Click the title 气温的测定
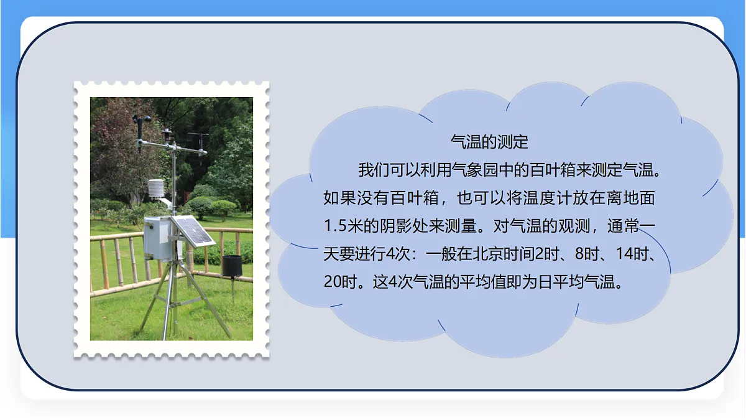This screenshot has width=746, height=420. (489, 142)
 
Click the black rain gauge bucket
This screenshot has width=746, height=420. (232, 265)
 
